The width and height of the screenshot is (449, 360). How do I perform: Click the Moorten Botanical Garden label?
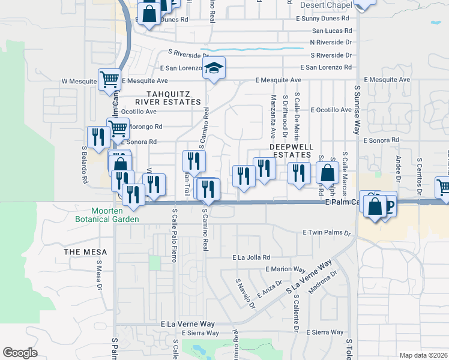point(115,215)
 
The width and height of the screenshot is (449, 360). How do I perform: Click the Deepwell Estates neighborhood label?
point(292,151)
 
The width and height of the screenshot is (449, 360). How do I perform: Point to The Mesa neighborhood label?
point(86,252)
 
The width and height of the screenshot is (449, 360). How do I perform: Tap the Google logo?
point(20,353)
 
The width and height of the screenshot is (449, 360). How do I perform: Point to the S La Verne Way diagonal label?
point(309,277)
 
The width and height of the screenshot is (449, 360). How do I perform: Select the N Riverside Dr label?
point(331,42)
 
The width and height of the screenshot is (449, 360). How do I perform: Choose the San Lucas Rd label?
point(332,31)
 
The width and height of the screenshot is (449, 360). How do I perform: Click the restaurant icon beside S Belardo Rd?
point(96,137)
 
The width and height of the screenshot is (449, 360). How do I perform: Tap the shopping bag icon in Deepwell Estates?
point(327,172)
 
